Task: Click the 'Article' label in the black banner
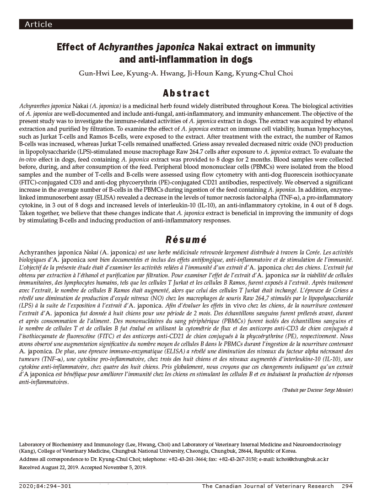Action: pos(38,24)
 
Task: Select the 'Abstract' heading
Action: pos(186,93)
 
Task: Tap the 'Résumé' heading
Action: pos(185,239)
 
